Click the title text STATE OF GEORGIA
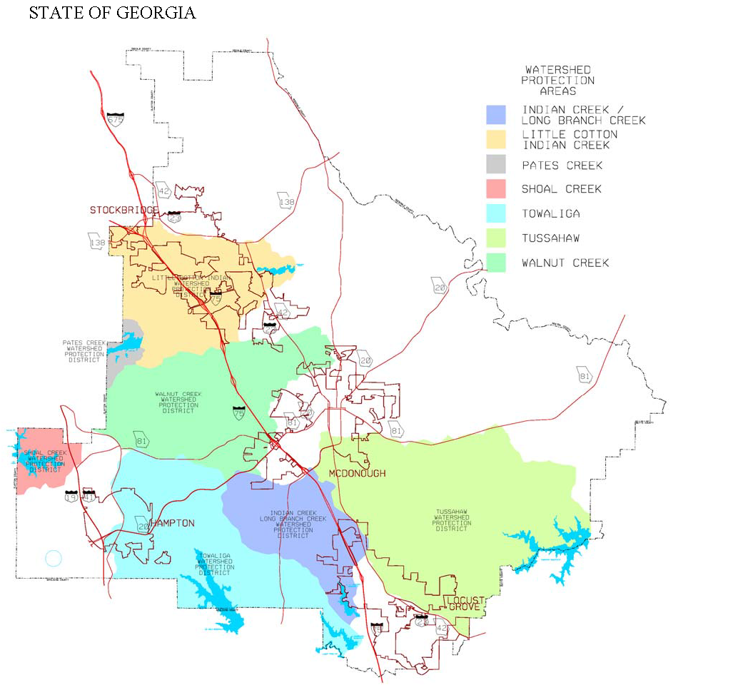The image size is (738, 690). pyautogui.click(x=112, y=14)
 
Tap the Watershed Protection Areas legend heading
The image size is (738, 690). pyautogui.click(x=557, y=81)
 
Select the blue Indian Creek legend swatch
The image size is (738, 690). pyautogui.click(x=495, y=115)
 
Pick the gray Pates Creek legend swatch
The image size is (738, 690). pyautogui.click(x=495, y=165)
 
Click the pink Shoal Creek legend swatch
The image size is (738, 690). pyautogui.click(x=495, y=188)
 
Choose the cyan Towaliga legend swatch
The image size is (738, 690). pyautogui.click(x=495, y=213)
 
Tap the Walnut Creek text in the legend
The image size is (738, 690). pyautogui.click(x=565, y=263)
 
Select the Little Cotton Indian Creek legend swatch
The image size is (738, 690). pyautogui.click(x=495, y=140)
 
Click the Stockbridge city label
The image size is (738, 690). pyautogui.click(x=123, y=210)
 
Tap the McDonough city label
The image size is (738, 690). pyautogui.click(x=357, y=474)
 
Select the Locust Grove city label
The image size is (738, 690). pyautogui.click(x=465, y=603)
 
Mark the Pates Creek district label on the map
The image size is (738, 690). pyautogui.click(x=84, y=351)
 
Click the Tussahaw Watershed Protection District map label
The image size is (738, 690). pyautogui.click(x=451, y=520)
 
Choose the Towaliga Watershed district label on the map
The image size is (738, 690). pyautogui.click(x=214, y=564)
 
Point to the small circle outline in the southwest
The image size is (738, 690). pyautogui.click(x=54, y=558)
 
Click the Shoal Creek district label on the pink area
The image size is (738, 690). pyautogui.click(x=45, y=461)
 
